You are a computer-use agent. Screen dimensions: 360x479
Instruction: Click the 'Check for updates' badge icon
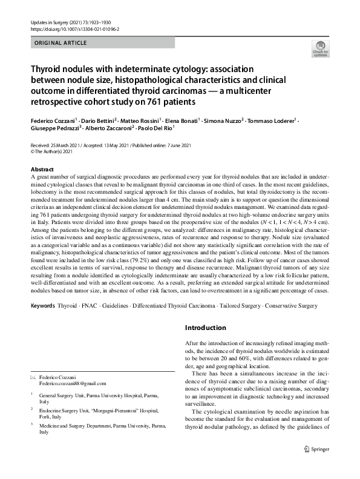coord(319,48)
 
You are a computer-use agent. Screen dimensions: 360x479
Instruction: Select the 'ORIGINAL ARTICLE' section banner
coord(61,43)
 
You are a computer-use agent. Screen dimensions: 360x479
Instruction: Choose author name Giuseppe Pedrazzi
coord(53,128)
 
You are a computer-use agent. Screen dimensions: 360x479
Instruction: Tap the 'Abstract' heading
coord(42,169)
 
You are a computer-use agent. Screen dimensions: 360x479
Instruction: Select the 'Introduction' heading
coord(205,328)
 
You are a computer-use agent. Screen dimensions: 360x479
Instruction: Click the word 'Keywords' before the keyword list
coord(42,306)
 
